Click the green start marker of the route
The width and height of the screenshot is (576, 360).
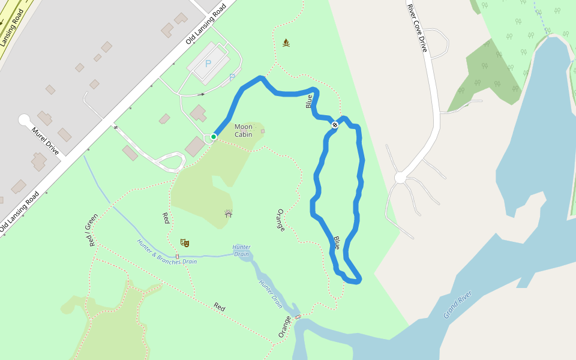pyautogui.click(x=213, y=137)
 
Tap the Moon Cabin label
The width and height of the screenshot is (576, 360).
pyautogui.click(x=244, y=130)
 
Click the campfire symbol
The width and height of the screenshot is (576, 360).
pyautogui.click(x=286, y=43)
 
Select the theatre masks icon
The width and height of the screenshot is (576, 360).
pyautogui.click(x=185, y=243)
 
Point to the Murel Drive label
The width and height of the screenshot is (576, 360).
pyautogui.click(x=46, y=141)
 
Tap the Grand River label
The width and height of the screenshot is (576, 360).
pyautogui.click(x=457, y=305)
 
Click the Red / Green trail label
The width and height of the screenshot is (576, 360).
pyautogui.click(x=90, y=231)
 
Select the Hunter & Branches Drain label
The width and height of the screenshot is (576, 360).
pyautogui.click(x=167, y=260)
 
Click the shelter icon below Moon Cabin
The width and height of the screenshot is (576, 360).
pyautogui.click(x=229, y=213)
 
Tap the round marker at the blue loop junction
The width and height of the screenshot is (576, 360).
pyautogui.click(x=335, y=125)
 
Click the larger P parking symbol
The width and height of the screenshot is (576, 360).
pyautogui.click(x=208, y=64)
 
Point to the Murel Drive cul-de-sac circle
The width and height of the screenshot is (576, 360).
pyautogui.click(x=25, y=120)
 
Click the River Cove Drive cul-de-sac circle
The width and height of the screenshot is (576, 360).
pyautogui.click(x=401, y=178)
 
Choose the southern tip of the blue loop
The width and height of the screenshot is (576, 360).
pyautogui.click(x=355, y=281)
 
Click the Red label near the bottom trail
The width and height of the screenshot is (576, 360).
pyautogui.click(x=219, y=307)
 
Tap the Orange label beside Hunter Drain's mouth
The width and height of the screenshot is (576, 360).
pyautogui.click(x=284, y=327)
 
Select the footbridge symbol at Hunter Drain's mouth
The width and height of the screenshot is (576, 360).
pyautogui.click(x=297, y=316)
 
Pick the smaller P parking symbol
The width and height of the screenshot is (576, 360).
pyautogui.click(x=232, y=77)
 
